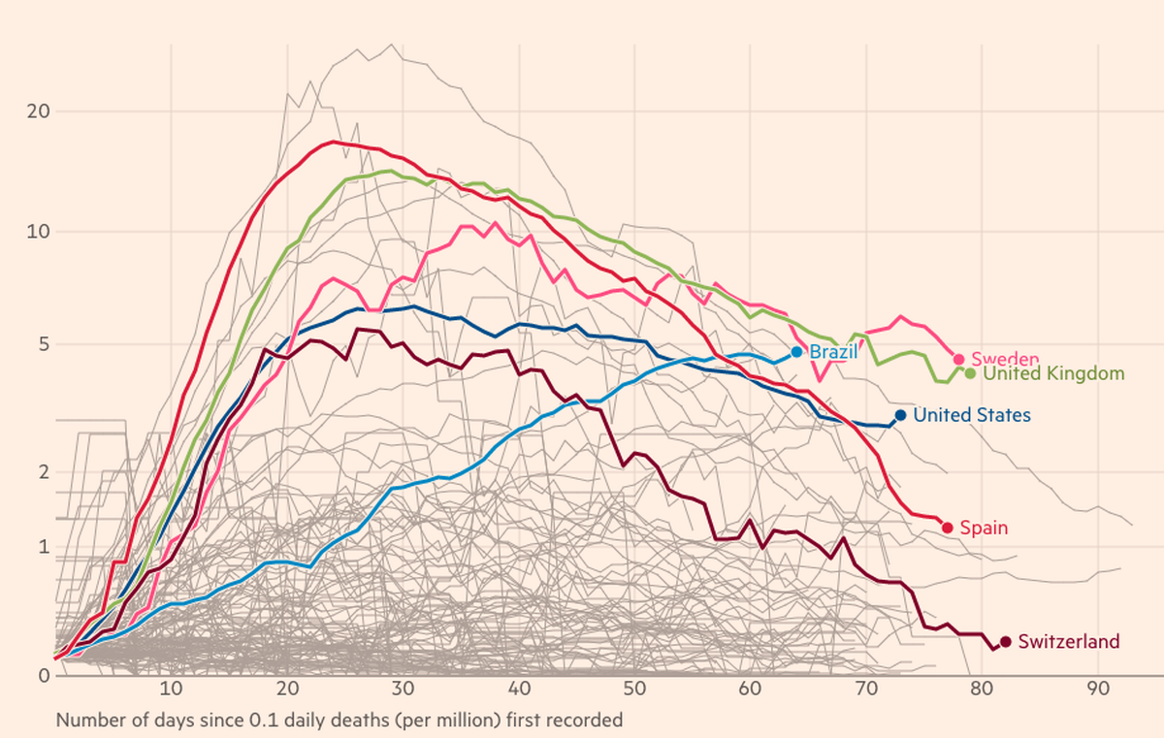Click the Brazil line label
point(833,352)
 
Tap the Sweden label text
point(1005,359)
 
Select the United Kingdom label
point(1053,373)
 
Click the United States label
point(972,415)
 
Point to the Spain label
point(984,528)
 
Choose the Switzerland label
point(1069,641)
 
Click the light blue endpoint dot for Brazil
point(796,352)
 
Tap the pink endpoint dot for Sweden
point(958,359)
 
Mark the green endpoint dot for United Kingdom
point(970,373)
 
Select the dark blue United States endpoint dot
point(900,415)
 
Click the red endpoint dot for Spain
point(948,528)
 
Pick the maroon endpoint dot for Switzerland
point(1006,642)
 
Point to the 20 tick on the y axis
point(39,112)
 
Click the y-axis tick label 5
point(45,344)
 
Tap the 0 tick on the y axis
point(45,676)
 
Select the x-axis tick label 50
point(634,690)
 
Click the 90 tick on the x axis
point(1098,690)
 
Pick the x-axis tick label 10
point(171,690)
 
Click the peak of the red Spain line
point(333,142)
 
